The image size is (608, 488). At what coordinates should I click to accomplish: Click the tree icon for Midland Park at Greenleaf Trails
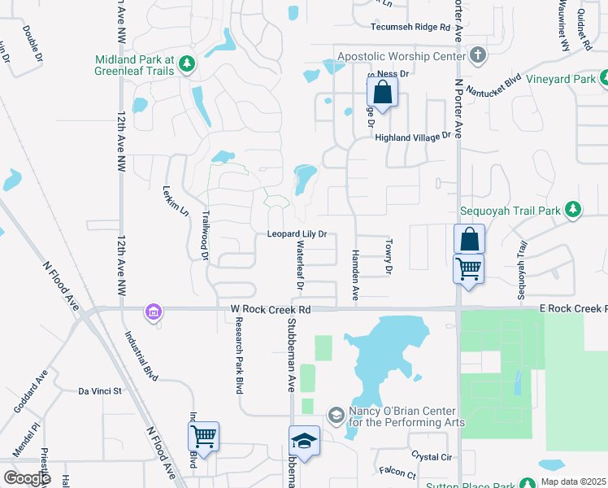[x=186, y=64]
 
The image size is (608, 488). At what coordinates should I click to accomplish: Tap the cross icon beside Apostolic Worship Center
[x=478, y=56]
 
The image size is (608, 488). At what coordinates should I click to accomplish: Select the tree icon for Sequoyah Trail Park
[x=573, y=209]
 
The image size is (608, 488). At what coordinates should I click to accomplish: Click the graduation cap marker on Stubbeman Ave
[x=304, y=441]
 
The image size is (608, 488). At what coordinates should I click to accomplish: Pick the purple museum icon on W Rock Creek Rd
[x=152, y=311]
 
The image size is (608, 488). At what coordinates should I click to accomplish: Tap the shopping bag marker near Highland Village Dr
[x=382, y=92]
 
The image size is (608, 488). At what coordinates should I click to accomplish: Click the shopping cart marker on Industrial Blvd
[x=203, y=436]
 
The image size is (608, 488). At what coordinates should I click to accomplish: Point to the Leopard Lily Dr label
[x=297, y=234]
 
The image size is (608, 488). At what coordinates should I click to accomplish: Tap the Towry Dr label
[x=389, y=257]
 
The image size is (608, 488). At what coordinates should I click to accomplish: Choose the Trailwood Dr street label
[x=205, y=236]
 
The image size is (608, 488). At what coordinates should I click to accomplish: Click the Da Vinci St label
[x=99, y=391]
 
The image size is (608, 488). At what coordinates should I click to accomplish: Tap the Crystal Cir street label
[x=431, y=457]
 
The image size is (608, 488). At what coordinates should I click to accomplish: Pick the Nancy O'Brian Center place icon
[x=335, y=416]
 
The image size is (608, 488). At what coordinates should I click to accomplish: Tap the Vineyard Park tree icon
[x=603, y=80]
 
